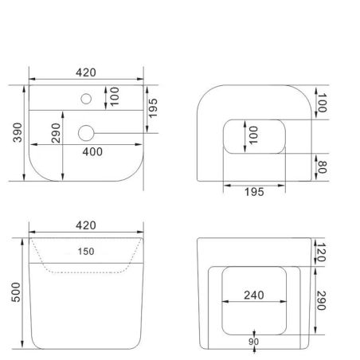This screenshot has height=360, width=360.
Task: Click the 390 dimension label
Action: [18, 132]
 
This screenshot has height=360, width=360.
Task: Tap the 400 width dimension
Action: [92, 152]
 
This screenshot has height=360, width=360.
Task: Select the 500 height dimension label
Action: [16, 292]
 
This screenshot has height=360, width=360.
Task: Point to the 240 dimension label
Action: [254, 295]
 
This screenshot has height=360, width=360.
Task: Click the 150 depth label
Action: [86, 252]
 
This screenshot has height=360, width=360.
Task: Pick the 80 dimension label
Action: [322, 167]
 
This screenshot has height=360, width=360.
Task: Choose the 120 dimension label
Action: [321, 252]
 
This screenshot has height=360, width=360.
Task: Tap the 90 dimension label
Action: [253, 342]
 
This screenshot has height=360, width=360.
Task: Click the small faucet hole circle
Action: [86, 99]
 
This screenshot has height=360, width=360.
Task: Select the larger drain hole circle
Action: [86, 133]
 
